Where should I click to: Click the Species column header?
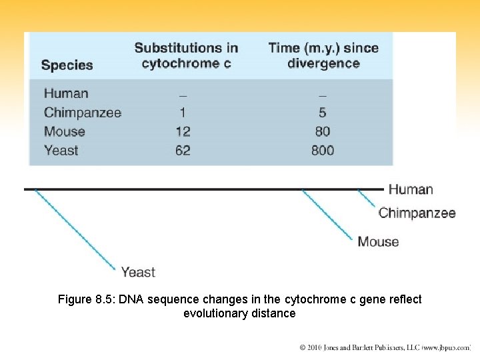tap(67, 65)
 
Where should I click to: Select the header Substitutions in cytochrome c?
tap(186, 56)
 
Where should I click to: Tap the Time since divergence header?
tap(323, 56)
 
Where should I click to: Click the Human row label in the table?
tap(66, 93)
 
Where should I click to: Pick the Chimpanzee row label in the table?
tap(83, 113)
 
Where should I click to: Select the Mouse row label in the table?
tap(65, 131)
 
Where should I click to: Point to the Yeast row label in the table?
tap(61, 151)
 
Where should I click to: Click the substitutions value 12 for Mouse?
tap(183, 131)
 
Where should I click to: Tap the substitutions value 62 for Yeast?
tap(183, 151)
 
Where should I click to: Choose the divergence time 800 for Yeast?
tap(323, 151)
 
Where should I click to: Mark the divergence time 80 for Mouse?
tap(323, 131)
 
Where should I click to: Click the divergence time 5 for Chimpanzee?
tap(323, 113)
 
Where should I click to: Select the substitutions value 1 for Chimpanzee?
tap(183, 113)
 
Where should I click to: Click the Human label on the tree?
tap(411, 189)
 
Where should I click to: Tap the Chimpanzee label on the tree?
tap(417, 213)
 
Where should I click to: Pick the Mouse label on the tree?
tap(378, 241)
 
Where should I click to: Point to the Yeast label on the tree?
tap(138, 272)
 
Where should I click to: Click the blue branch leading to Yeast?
tap(75, 229)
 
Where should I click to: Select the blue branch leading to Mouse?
tap(327, 215)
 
